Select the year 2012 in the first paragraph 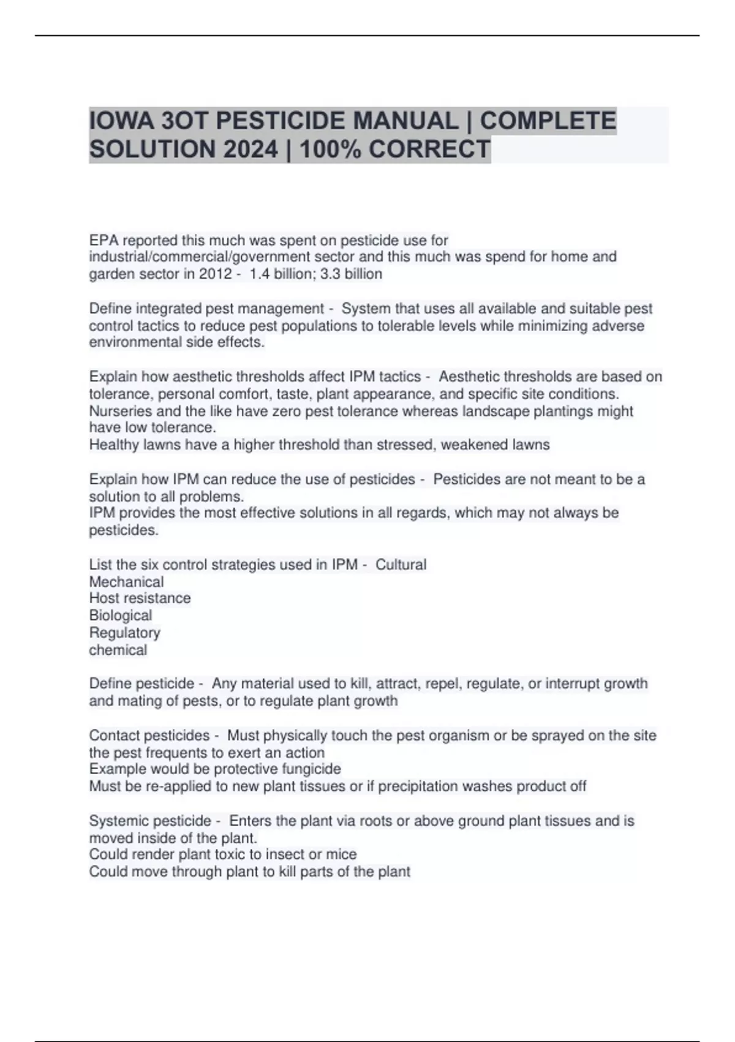pyautogui.click(x=215, y=274)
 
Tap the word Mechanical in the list pyautogui.click(x=126, y=582)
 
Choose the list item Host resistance pyautogui.click(x=140, y=598)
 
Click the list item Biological pyautogui.click(x=121, y=615)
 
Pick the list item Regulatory pyautogui.click(x=124, y=633)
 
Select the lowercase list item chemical pyautogui.click(x=118, y=650)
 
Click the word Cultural pyautogui.click(x=401, y=565)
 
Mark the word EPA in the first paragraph pyautogui.click(x=104, y=240)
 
